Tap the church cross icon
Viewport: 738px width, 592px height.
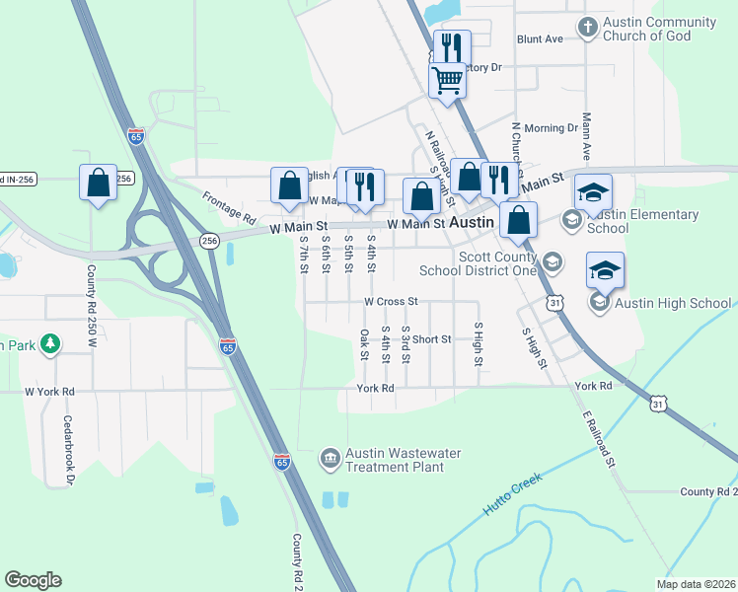point(588,27)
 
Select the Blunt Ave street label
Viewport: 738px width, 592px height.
point(540,39)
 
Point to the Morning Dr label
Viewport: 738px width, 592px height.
point(551,128)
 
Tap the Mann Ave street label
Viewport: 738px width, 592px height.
point(586,139)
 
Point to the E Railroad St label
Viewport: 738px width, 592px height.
point(599,438)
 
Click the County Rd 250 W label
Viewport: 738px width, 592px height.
point(91,307)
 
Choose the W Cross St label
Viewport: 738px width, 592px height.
point(391,301)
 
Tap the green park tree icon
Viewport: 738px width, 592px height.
point(47,344)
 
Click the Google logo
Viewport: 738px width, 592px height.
point(33,579)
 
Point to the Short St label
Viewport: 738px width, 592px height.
point(431,338)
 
